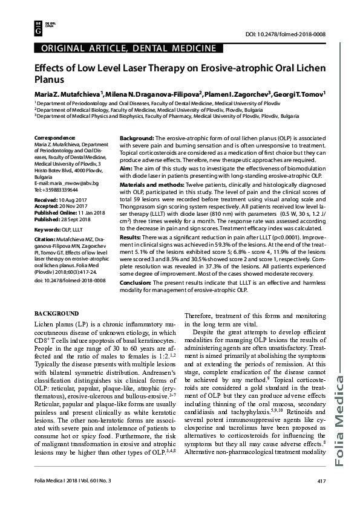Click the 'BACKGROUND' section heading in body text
pos(56,313)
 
